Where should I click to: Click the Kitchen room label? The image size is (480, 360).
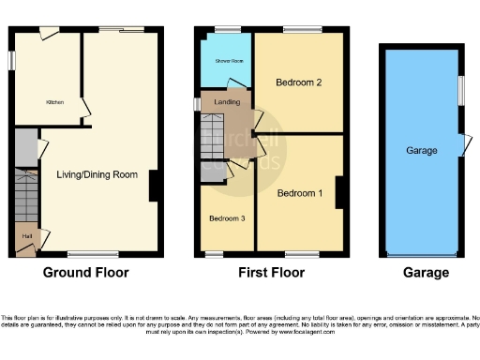point(55,102)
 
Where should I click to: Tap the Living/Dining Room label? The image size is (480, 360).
point(97,174)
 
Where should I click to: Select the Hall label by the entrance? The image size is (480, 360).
point(25,236)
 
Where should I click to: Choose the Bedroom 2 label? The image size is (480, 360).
point(299,83)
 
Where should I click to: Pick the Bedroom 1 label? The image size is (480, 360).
point(300,193)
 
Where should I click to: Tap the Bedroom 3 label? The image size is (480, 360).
point(228,219)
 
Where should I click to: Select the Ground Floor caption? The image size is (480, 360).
point(86,274)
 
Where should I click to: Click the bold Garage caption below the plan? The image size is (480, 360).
point(426,274)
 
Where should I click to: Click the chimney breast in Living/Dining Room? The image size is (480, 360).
point(153,185)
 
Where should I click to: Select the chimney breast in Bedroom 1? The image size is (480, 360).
point(339,192)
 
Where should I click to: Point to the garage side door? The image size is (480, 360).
point(463,145)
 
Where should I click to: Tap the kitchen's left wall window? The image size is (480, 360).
point(13,58)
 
